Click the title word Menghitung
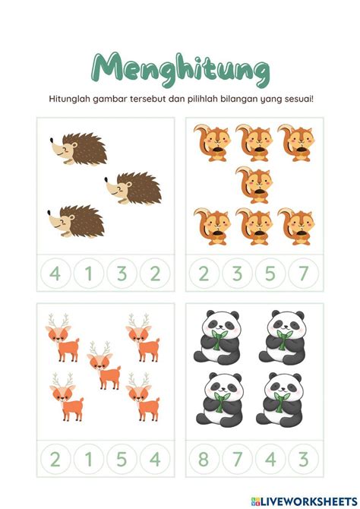click(x=181, y=70)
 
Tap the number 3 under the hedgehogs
click(x=122, y=273)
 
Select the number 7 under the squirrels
click(x=303, y=273)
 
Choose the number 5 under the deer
click(x=122, y=459)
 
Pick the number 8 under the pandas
click(x=204, y=459)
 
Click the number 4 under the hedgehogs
click(x=55, y=273)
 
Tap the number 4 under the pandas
click(x=270, y=459)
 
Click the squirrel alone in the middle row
click(x=255, y=185)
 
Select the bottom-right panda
click(x=279, y=400)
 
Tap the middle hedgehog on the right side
click(x=134, y=188)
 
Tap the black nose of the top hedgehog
click(x=52, y=140)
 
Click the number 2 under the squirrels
click(x=204, y=273)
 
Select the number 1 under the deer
click(x=88, y=459)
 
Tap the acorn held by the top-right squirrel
click(x=301, y=150)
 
